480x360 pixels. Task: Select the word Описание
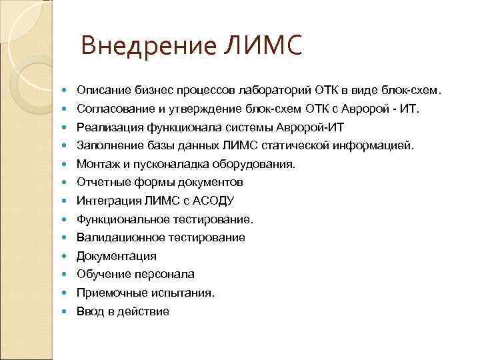pyautogui.click(x=103, y=89)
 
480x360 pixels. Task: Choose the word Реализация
pyautogui.click(x=108, y=127)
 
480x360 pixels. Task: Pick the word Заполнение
pyautogui.click(x=108, y=145)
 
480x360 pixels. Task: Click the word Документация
pyautogui.click(x=116, y=256)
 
